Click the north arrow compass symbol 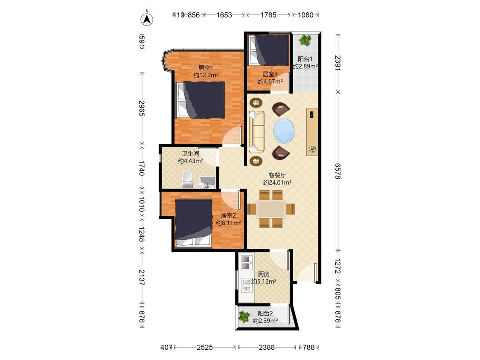point(147,18)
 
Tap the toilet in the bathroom point(187,179)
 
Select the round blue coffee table point(284,131)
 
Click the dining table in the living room point(271,209)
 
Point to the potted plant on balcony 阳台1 point(305,40)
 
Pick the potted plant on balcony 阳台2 point(244,317)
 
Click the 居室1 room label point(205,68)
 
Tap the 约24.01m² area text point(277,183)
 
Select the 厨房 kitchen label point(264,274)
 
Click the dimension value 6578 point(338,171)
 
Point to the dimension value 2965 point(141,108)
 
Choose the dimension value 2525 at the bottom point(205,347)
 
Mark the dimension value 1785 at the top point(268,15)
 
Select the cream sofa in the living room point(256,132)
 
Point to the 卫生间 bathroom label point(190,154)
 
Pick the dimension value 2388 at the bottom point(267,347)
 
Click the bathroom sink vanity point(207,183)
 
